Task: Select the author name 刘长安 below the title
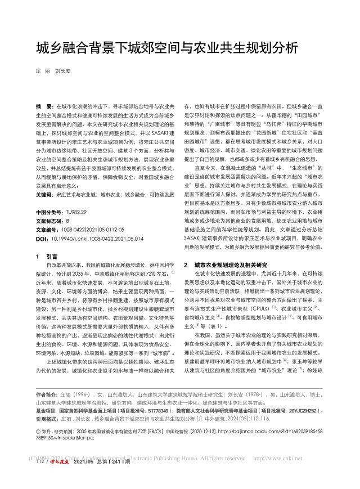(62, 71)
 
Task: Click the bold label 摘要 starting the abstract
(43, 90)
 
